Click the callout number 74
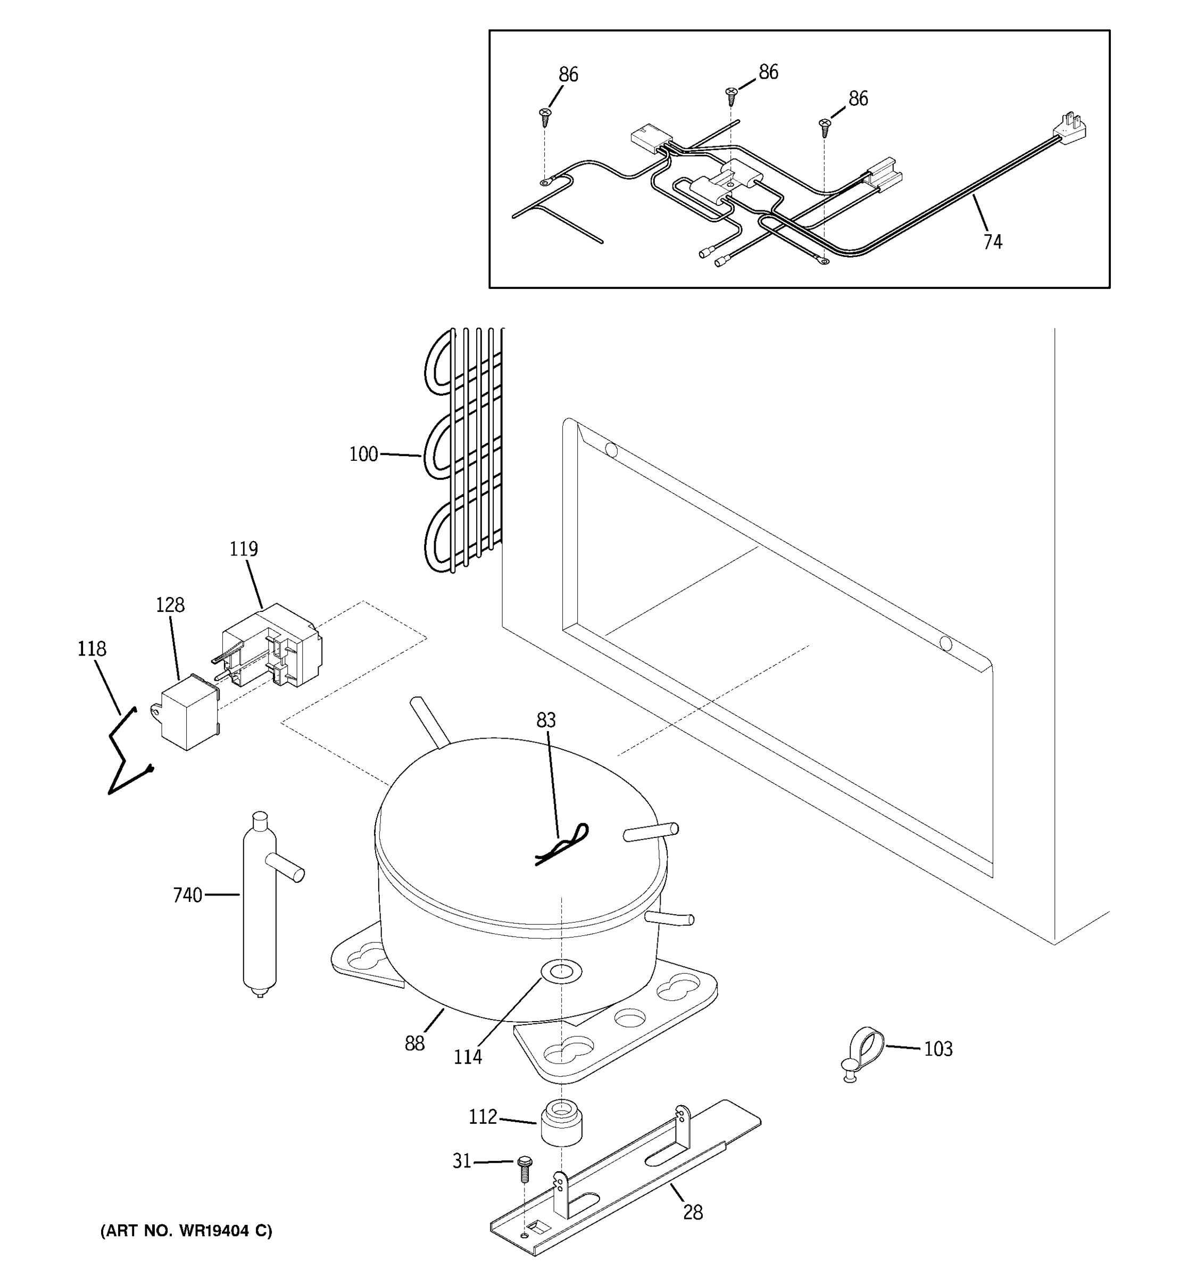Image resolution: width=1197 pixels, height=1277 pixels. point(992,242)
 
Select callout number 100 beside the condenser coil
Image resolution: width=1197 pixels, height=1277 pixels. point(363,454)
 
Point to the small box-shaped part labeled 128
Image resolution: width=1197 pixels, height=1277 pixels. point(187,713)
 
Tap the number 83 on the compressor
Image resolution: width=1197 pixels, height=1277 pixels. point(546,720)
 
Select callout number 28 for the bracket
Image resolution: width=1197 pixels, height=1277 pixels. point(692,1212)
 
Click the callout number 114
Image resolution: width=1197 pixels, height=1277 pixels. point(468,1057)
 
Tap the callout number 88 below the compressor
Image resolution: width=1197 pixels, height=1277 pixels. point(414,1044)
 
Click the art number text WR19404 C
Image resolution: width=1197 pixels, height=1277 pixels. point(186,1230)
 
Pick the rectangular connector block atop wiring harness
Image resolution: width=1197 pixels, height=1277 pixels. point(651,139)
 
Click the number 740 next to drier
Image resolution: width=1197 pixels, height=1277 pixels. point(187,895)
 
